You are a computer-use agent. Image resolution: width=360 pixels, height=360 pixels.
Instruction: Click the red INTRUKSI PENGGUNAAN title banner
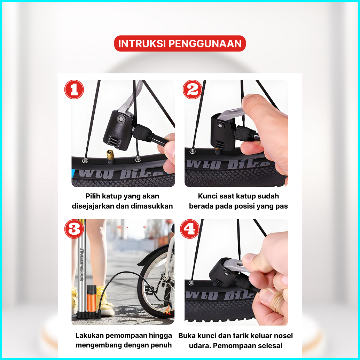click(180, 44)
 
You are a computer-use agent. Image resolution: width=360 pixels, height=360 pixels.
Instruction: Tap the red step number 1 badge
click(74, 89)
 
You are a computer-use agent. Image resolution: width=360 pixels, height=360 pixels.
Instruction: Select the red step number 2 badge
click(193, 89)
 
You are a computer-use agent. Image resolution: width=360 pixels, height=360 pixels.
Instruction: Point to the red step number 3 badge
click(74, 229)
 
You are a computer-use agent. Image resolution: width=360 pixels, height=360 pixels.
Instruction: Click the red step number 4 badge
click(190, 229)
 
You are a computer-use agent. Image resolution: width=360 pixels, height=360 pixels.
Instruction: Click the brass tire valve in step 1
click(110, 156)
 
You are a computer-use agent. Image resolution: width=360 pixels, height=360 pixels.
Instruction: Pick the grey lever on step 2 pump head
click(230, 114)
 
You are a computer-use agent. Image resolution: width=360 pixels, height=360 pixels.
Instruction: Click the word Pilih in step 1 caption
click(93, 196)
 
